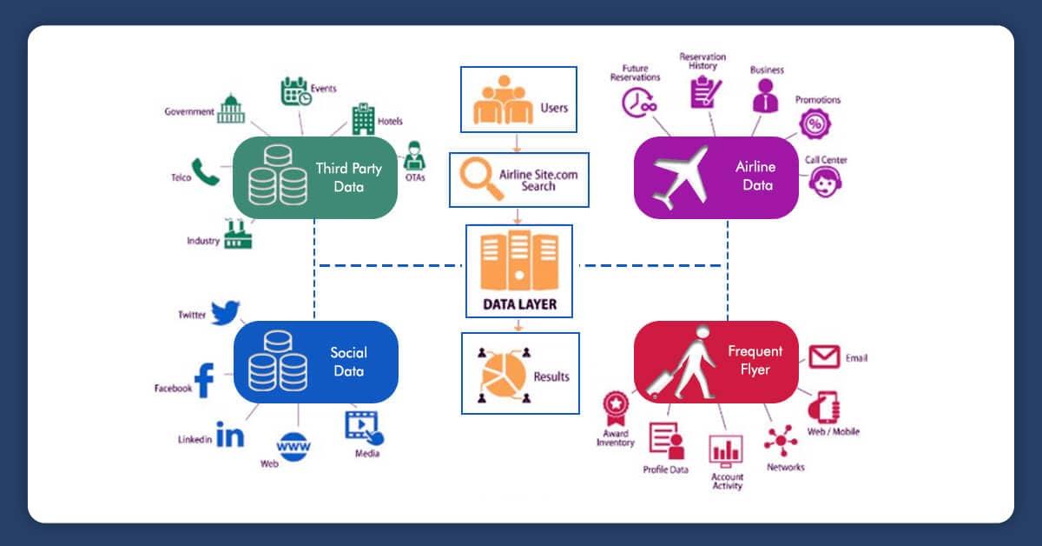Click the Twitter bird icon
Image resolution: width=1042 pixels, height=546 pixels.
(225, 312)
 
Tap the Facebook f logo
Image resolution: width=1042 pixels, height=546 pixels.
(205, 381)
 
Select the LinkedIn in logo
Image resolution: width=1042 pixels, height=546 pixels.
(230, 435)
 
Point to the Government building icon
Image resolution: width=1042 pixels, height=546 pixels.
(231, 109)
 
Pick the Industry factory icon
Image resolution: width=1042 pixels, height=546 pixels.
(237, 235)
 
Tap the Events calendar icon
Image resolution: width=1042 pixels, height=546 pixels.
(295, 91)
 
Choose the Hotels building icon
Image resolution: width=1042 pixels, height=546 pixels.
(363, 119)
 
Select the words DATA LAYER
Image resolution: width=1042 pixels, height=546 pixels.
(519, 305)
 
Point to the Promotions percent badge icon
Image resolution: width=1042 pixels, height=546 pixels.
(814, 124)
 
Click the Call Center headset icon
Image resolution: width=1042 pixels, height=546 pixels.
(825, 183)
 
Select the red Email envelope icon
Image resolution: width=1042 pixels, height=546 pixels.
(824, 356)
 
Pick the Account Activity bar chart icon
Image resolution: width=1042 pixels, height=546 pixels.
(726, 450)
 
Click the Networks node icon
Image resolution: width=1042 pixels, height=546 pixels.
(781, 441)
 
